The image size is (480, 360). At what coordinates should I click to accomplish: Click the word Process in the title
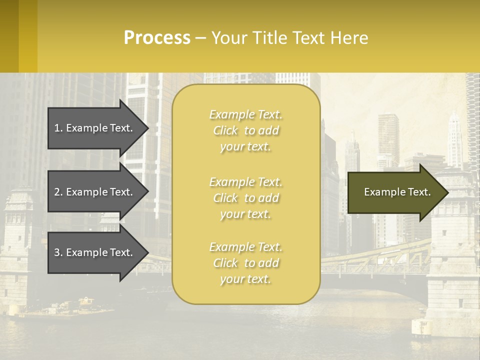pyautogui.click(x=157, y=38)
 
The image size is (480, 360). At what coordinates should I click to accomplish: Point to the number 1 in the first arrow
pyautogui.click(x=56, y=128)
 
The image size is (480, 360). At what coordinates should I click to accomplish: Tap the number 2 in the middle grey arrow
pyautogui.click(x=56, y=192)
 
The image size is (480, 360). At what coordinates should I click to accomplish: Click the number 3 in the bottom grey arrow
pyautogui.click(x=56, y=252)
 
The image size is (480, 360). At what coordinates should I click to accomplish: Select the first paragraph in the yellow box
pyautogui.click(x=245, y=130)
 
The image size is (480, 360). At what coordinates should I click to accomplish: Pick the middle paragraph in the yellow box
pyautogui.click(x=245, y=198)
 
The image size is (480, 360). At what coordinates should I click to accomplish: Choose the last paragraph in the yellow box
pyautogui.click(x=245, y=263)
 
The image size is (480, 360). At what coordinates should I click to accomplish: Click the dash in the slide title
pyautogui.click(x=200, y=38)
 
